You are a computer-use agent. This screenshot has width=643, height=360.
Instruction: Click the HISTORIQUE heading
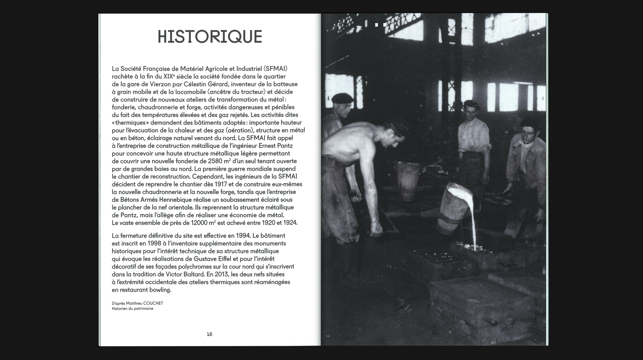pos(210,37)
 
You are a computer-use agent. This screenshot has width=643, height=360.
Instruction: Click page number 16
pos(209,334)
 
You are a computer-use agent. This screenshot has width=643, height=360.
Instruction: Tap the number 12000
pos(199,223)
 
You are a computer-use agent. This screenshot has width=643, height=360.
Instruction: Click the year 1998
pos(154,243)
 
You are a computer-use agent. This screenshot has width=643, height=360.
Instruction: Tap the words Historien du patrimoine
pos(132,309)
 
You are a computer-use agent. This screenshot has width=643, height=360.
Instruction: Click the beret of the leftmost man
pos(342,98)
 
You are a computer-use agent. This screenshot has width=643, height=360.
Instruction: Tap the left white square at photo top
pos(377,25)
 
